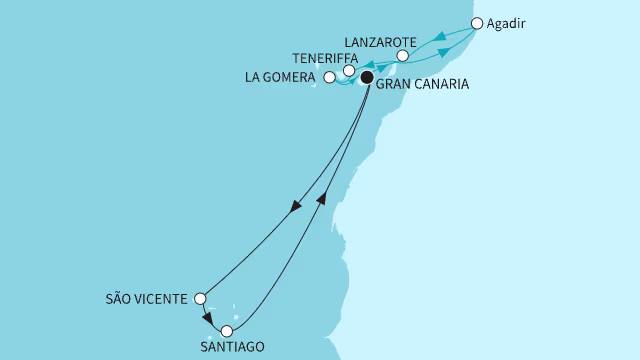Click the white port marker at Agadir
pyautogui.click(x=477, y=23)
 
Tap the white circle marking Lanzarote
pyautogui.click(x=402, y=57)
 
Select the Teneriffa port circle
pyautogui.click(x=348, y=71)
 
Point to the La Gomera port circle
pyautogui.click(x=330, y=76)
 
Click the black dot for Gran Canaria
pyautogui.click(x=367, y=77)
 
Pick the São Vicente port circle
pyautogui.click(x=200, y=298)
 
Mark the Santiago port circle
pyautogui.click(x=228, y=331)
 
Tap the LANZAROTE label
pyautogui.click(x=378, y=42)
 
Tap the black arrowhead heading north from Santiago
pyautogui.click(x=322, y=198)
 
